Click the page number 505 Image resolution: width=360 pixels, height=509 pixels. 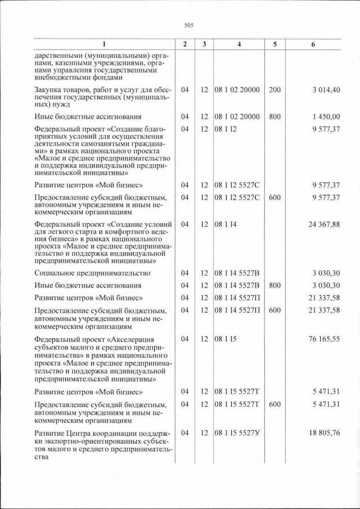click(188, 24)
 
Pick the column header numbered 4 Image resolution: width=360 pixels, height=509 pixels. click(239, 44)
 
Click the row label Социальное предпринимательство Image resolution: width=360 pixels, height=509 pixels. click(92, 273)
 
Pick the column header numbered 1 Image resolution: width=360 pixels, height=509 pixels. click(103, 44)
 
